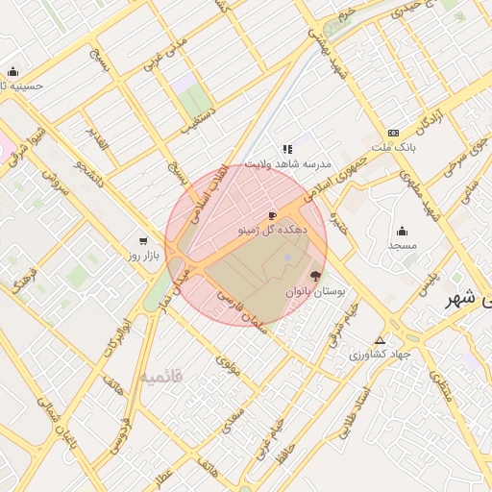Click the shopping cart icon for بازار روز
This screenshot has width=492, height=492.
click(x=143, y=241)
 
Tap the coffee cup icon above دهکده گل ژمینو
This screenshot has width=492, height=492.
click(x=272, y=215)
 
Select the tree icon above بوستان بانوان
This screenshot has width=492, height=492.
click(x=317, y=276)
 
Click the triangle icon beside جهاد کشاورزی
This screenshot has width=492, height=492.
click(x=381, y=340)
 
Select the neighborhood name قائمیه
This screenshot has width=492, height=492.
click(x=160, y=376)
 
